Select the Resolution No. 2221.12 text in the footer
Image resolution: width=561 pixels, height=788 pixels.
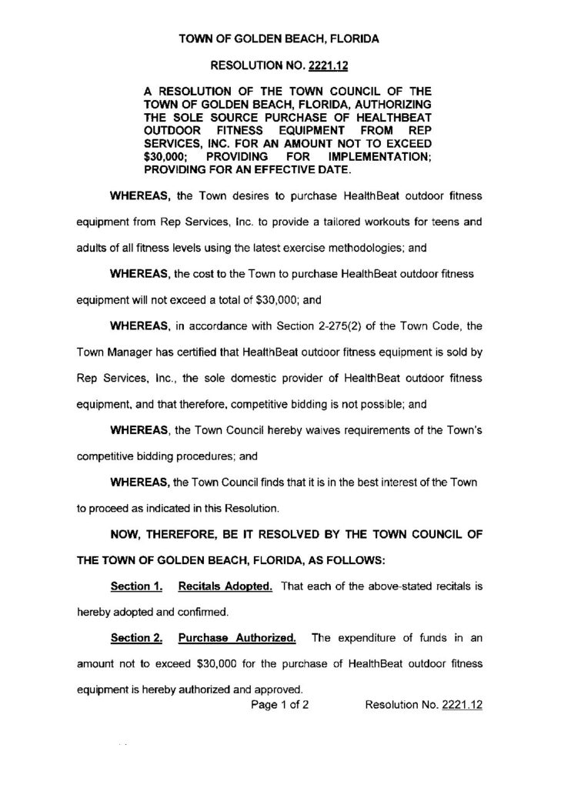point(422,702)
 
